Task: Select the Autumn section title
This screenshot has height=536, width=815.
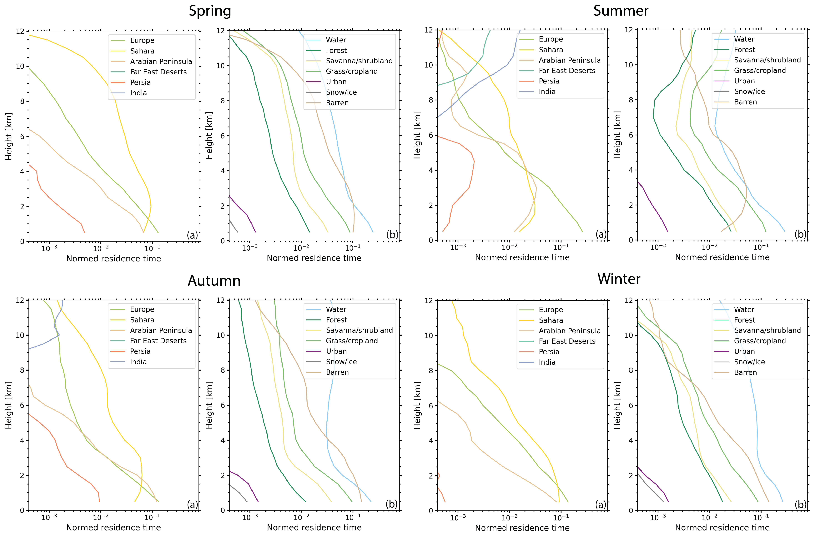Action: point(214,281)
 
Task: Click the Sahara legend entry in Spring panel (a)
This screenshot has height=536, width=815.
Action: point(142,51)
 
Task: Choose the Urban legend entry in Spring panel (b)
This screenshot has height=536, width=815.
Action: point(336,82)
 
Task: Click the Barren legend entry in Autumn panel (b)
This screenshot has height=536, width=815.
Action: point(337,372)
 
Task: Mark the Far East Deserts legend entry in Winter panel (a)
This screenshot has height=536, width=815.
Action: point(567,341)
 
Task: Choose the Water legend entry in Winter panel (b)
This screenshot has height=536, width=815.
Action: point(744,310)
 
